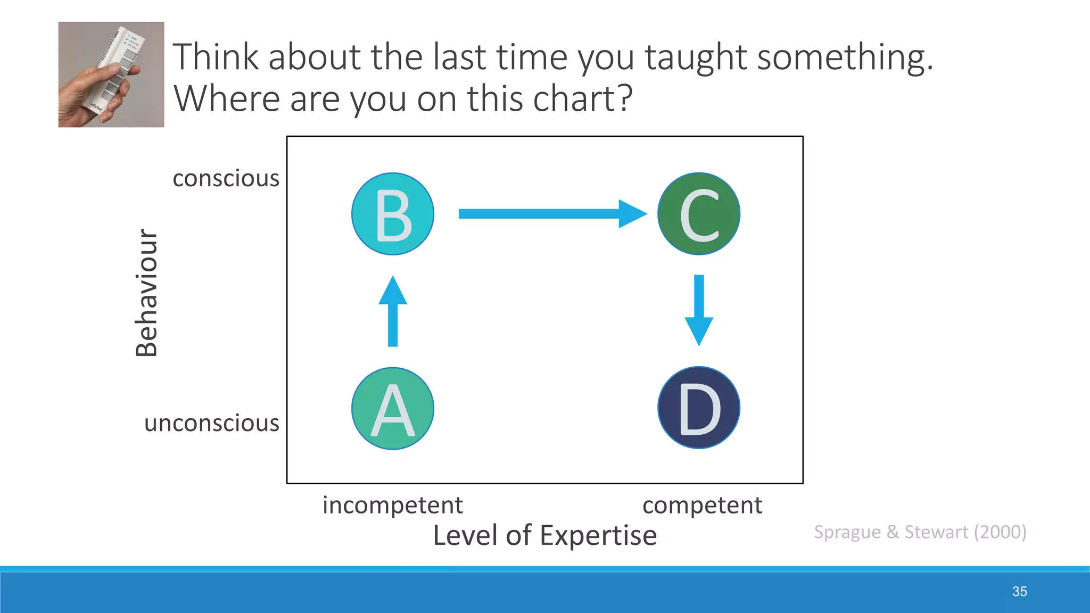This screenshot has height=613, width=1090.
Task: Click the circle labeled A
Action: click(393, 409)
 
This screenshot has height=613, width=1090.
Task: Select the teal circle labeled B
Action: click(393, 214)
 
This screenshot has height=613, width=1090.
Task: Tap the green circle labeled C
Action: click(699, 214)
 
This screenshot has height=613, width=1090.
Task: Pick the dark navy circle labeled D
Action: click(699, 408)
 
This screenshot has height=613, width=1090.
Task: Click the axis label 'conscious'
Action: click(226, 178)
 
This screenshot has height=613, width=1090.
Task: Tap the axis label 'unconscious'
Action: click(212, 423)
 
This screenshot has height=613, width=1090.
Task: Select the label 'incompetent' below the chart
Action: click(393, 505)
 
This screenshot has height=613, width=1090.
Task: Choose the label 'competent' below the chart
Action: click(702, 505)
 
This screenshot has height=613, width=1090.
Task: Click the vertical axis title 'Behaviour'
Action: click(146, 293)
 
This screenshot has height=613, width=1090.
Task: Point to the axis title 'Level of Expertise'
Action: click(544, 535)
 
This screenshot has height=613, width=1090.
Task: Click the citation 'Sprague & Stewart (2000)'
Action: click(920, 532)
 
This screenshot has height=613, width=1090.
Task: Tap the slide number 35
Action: click(1019, 591)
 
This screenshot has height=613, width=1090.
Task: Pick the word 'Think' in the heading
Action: click(216, 57)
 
